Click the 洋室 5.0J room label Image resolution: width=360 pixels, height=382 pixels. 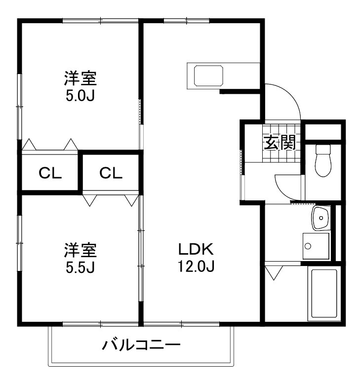coord(80,86)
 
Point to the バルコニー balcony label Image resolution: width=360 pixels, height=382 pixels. coord(141,345)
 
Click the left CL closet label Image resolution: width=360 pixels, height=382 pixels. coord(50,173)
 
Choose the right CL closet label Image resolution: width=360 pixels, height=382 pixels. coord(111,173)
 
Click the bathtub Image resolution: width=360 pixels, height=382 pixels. coord(323,293)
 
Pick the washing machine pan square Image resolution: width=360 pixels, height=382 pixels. coord(316,245)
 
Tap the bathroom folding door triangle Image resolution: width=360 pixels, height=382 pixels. coord(274,272)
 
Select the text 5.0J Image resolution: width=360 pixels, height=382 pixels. coord(80,95)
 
